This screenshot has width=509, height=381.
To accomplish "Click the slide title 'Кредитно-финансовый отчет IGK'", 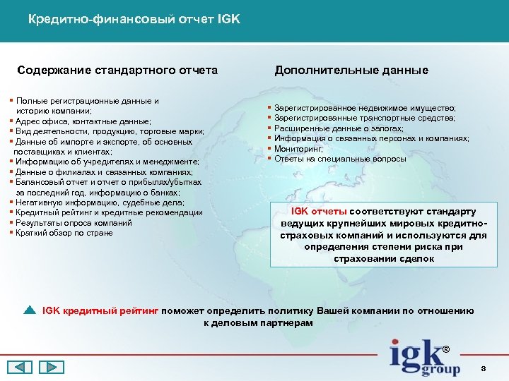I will pyautogui.click(x=134, y=19).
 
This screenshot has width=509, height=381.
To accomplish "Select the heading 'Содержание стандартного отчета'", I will pyautogui.click(x=117, y=71).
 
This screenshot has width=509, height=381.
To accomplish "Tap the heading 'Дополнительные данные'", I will pyautogui.click(x=351, y=71).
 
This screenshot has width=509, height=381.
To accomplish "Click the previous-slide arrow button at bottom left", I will pyautogui.click(x=20, y=367).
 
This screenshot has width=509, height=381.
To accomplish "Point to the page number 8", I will pyautogui.click(x=483, y=368).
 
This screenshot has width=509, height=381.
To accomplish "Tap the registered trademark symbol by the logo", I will pyautogui.click(x=445, y=350).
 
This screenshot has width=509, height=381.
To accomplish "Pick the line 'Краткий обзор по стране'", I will pyautogui.click(x=64, y=233).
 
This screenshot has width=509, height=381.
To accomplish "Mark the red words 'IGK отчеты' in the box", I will pyautogui.click(x=320, y=212).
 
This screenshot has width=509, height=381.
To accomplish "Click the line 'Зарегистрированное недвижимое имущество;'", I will pyautogui.click(x=365, y=108).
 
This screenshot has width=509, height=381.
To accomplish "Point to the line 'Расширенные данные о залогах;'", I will pyautogui.click(x=339, y=128).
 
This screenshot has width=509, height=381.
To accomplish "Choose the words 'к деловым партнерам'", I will pyautogui.click(x=253, y=322).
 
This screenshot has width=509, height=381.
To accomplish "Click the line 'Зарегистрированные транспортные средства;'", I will pyautogui.click(x=364, y=119).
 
